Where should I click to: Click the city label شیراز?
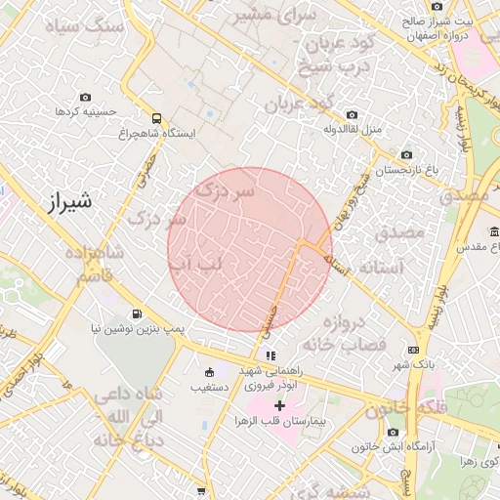pos(67,203)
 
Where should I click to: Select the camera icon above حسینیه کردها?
pos(86,98)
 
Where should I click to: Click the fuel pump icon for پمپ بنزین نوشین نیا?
pos(134,314)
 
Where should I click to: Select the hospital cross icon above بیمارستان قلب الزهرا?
pos(280,404)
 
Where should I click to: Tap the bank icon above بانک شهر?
pos(414,350)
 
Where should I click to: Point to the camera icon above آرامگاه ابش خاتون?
pos(394,432)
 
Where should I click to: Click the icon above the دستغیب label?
pos(209,372)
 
